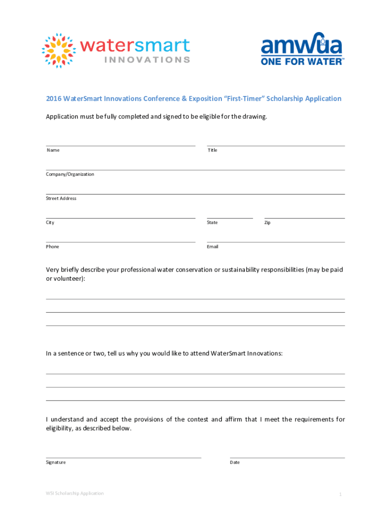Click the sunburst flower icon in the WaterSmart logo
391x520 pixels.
click(60, 51)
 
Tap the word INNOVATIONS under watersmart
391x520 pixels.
click(147, 59)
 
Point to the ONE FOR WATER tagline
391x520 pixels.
click(303, 61)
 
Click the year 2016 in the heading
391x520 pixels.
click(53, 99)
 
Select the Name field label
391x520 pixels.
click(53, 150)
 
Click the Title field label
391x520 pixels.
click(212, 150)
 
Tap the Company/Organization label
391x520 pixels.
click(70, 174)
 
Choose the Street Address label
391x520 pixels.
click(61, 199)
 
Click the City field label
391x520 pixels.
click(50, 222)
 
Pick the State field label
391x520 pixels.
click(212, 222)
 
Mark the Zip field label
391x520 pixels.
click(267, 222)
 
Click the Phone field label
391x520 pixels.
click(53, 247)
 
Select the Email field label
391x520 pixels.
click(213, 247)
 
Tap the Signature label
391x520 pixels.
click(56, 463)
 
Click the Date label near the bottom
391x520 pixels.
click(235, 463)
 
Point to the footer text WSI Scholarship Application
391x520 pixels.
click(75, 493)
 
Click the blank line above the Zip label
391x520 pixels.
click(304, 218)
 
